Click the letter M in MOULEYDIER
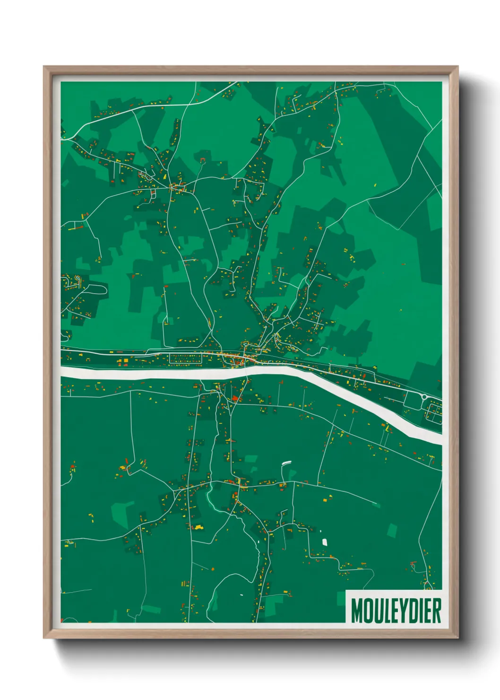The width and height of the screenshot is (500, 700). click(x=356, y=611)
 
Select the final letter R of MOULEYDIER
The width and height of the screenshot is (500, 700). click(x=437, y=611)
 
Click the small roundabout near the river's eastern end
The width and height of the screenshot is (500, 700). click(x=424, y=396)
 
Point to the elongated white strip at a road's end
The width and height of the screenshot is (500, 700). click(x=286, y=463)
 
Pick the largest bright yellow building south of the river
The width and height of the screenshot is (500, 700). click(x=198, y=526)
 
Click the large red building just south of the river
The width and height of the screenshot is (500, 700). click(x=234, y=398)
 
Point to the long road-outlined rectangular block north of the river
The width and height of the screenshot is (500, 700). click(x=185, y=359)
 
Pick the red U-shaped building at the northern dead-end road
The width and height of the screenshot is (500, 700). click(x=203, y=159)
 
